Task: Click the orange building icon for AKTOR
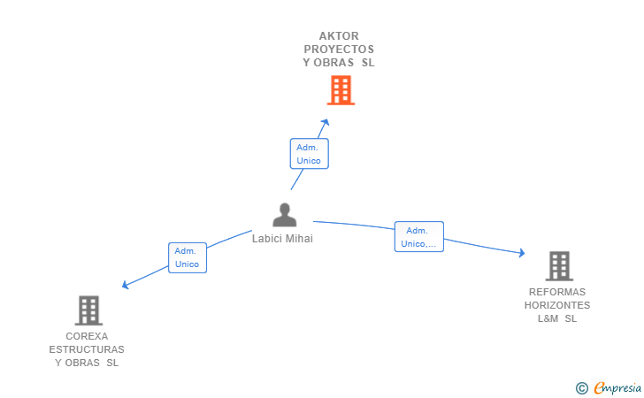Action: click(341, 90)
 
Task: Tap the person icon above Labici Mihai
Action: click(284, 215)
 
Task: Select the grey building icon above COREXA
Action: click(88, 310)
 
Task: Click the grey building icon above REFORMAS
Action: click(558, 265)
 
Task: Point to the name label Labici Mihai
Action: click(282, 238)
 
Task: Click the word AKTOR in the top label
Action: click(339, 36)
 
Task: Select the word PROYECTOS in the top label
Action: click(339, 50)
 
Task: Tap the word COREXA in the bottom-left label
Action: click(87, 336)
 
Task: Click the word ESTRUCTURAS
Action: click(87, 349)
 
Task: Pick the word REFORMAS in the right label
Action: click(557, 292)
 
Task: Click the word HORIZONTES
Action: click(557, 305)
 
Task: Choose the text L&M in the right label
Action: click(548, 318)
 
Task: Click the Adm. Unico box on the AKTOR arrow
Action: click(309, 154)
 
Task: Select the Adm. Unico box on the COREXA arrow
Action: click(188, 257)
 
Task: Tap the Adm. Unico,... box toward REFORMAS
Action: click(418, 237)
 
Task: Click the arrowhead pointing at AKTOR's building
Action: click(326, 122)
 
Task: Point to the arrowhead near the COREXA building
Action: click(126, 285)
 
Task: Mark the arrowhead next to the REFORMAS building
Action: click(522, 254)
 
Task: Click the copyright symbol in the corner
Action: click(581, 387)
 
